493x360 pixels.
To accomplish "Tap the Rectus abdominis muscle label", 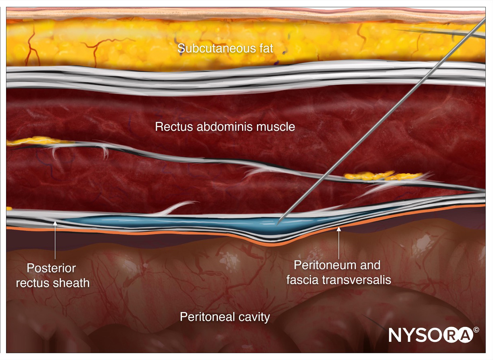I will pyautogui.click(x=225, y=127).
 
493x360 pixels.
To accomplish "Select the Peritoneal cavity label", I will pyautogui.click(x=225, y=317).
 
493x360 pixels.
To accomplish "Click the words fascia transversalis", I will pyautogui.click(x=339, y=280).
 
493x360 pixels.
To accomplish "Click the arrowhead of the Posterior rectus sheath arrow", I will pyautogui.click(x=55, y=220).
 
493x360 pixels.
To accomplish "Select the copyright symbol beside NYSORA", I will pyautogui.click(x=476, y=329).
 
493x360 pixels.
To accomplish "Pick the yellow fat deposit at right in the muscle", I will pyautogui.click(x=383, y=176).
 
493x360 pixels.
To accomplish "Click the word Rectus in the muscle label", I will pyautogui.click(x=170, y=127).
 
